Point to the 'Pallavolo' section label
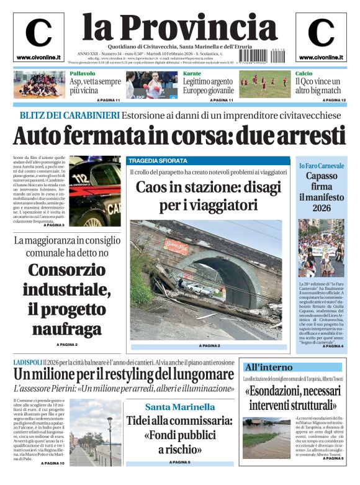tap(83, 73)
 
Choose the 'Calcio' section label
tap(304, 73)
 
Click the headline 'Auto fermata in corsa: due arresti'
tap(179, 135)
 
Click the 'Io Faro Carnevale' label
tap(321, 165)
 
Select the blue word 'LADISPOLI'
tap(27, 361)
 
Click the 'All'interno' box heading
tap(269, 366)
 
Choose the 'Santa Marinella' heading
tap(180, 407)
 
